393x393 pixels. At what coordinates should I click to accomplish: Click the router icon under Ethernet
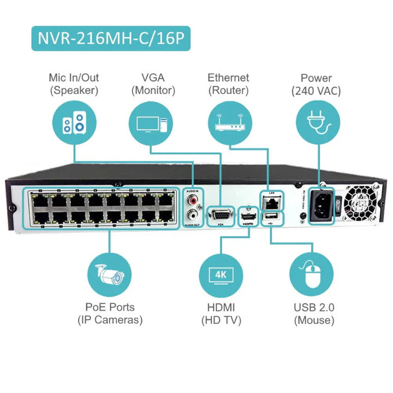228,124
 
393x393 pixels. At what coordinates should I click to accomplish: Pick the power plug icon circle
315,124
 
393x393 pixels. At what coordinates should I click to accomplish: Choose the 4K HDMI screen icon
221,274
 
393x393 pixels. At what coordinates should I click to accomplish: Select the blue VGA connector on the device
220,212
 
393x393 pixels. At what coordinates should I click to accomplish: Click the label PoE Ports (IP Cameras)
110,313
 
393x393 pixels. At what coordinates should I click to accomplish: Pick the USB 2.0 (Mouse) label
314,313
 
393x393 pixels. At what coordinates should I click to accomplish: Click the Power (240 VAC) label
316,84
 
